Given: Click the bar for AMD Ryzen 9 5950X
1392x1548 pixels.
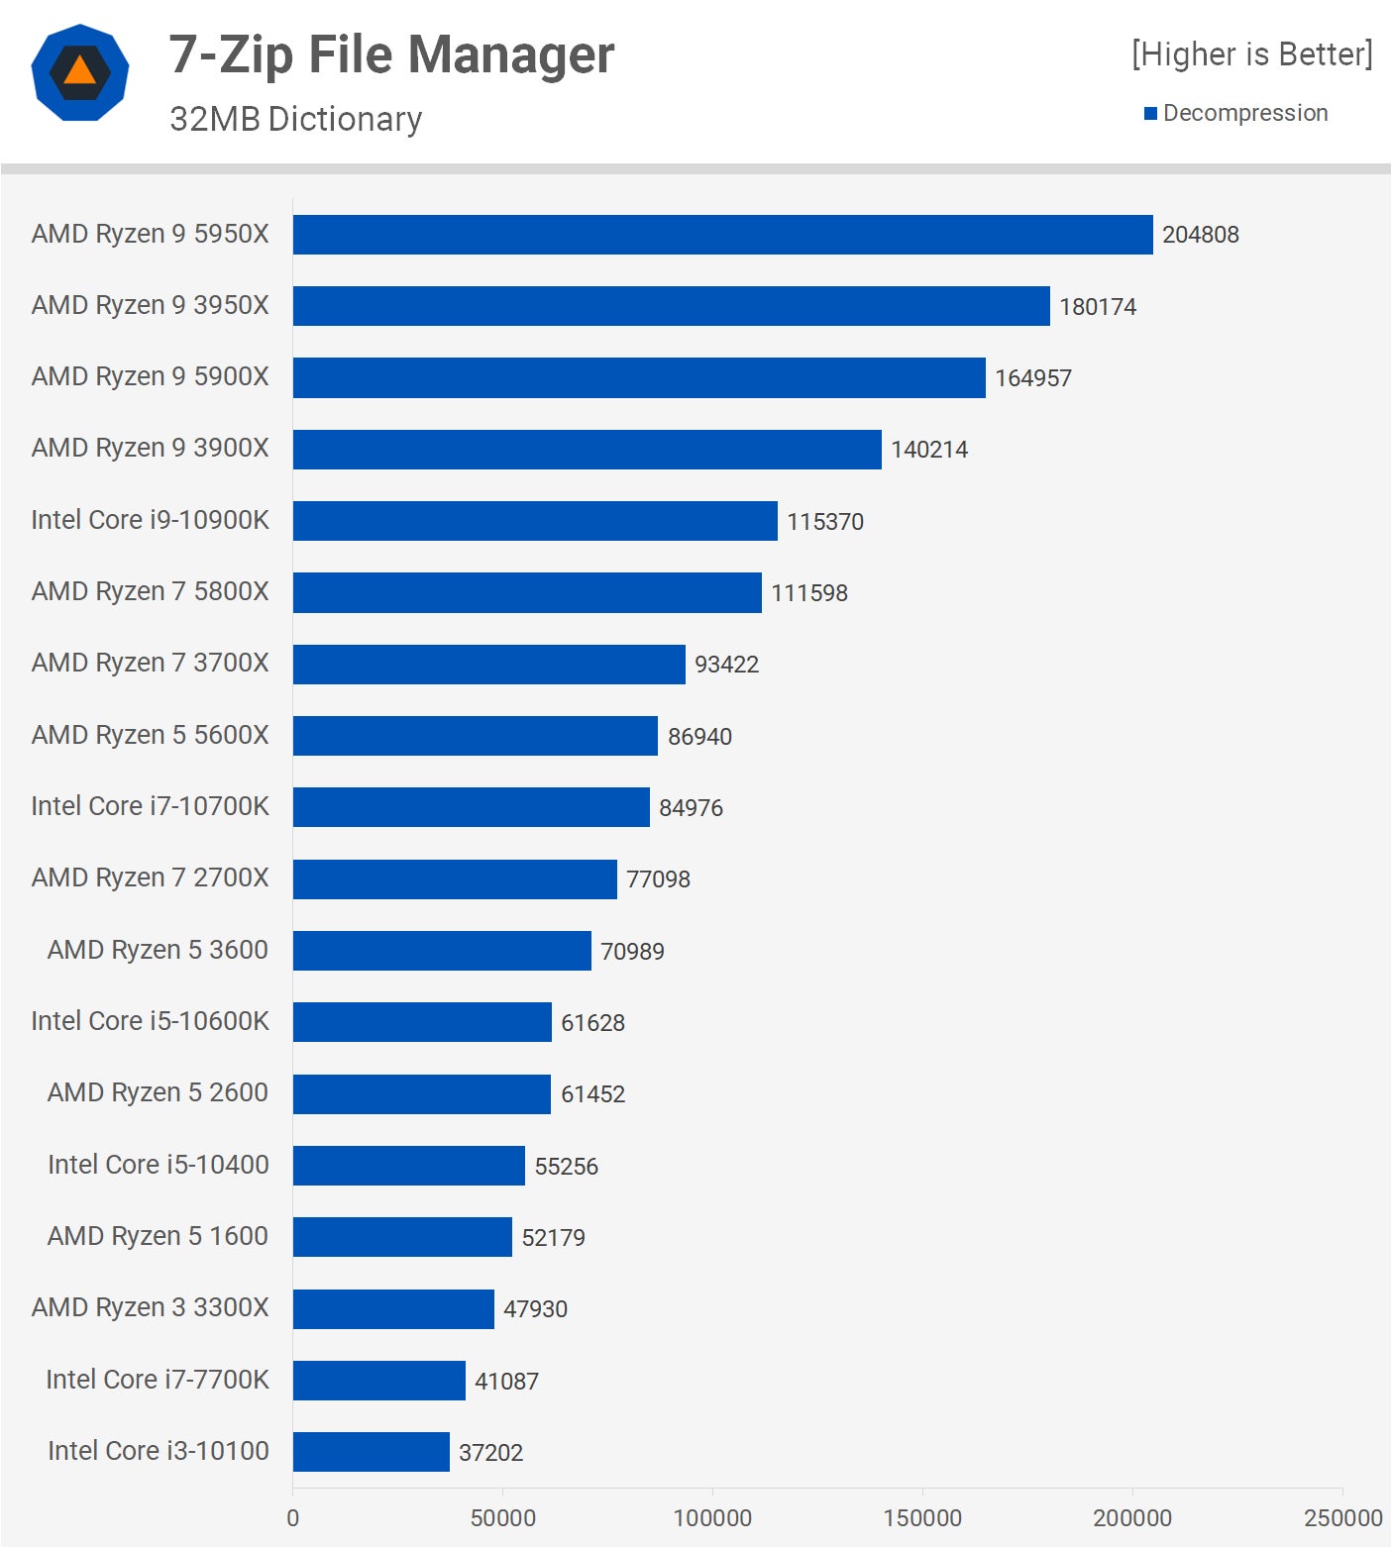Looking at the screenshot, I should point(723,235).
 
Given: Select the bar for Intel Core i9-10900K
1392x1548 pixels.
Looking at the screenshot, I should point(535,521).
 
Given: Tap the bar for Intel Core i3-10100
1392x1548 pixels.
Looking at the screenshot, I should point(372,1452).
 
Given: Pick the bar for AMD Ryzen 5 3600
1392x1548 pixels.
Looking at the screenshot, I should point(442,951).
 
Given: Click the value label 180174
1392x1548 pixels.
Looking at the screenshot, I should point(1098,307).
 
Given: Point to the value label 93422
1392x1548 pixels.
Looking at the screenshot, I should point(726,665).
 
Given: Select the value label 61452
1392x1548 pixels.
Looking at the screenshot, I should point(592,1094).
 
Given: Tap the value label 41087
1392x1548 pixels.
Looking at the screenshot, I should point(506,1382).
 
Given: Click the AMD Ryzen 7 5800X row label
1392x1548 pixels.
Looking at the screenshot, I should point(150,591).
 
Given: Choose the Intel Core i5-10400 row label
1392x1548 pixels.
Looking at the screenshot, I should point(159,1165).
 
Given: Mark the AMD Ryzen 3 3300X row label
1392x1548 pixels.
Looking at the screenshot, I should point(150,1307).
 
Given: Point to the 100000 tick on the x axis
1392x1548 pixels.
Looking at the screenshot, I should point(712,1517).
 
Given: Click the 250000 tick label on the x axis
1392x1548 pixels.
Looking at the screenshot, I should point(1342,1517).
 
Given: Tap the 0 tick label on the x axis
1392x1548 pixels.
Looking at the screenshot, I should point(292,1517).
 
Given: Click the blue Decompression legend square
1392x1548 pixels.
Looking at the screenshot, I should point(1150,114).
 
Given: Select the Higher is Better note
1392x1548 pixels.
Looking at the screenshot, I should point(1252,54).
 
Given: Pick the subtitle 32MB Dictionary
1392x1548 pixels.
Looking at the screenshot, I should point(295,119).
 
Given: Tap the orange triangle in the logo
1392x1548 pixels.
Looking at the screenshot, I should point(80,72).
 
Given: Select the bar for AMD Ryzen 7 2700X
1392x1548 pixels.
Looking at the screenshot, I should point(455,879).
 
